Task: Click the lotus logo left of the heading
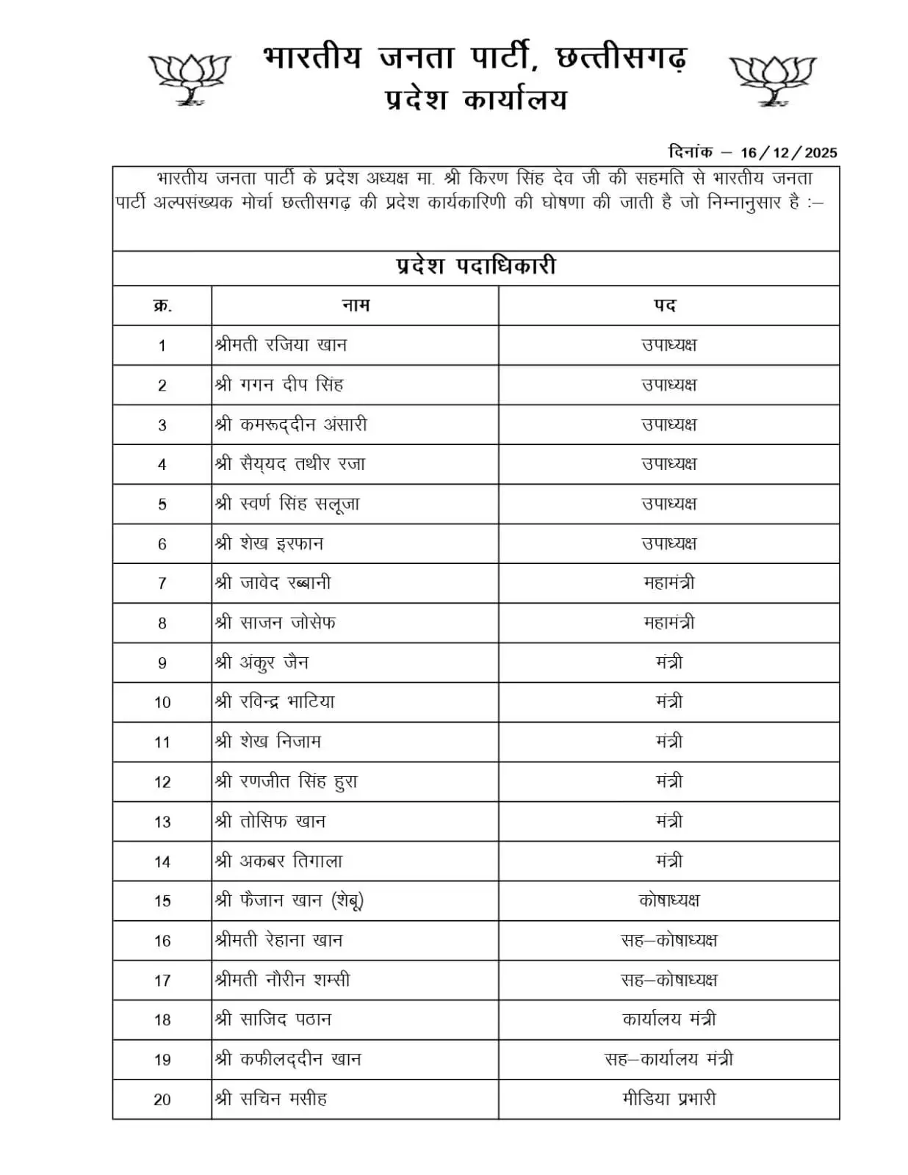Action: click(x=190, y=79)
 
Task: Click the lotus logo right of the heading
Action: click(x=772, y=79)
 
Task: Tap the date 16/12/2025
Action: click(x=788, y=153)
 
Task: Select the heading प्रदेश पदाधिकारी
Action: click(x=475, y=267)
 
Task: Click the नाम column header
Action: click(x=356, y=305)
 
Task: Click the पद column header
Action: click(x=665, y=305)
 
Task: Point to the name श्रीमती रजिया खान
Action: click(x=281, y=345)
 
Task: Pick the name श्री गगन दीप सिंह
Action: click(x=279, y=385)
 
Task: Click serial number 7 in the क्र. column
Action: click(x=162, y=584)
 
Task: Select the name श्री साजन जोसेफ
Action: click(x=275, y=623)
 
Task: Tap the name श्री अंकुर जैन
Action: click(x=262, y=662)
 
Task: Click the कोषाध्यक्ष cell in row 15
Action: click(x=669, y=900)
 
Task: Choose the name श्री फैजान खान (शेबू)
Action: click(x=289, y=900)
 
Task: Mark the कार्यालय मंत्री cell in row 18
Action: click(x=669, y=1019)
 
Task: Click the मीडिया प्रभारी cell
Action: click(x=669, y=1099)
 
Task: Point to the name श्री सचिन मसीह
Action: click(x=271, y=1099)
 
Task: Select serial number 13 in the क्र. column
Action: click(x=162, y=822)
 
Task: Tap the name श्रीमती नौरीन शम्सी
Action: click(x=283, y=980)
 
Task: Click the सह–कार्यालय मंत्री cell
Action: click(x=669, y=1059)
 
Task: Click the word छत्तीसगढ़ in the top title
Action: click(x=621, y=57)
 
